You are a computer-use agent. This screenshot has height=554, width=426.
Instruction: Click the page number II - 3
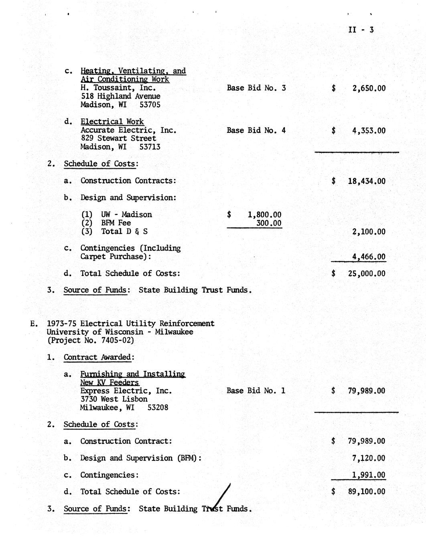click(361, 30)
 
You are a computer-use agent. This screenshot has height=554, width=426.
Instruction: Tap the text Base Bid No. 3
click(256, 88)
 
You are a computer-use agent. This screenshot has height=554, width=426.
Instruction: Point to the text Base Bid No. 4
click(256, 130)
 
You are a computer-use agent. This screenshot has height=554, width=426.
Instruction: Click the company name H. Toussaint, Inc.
click(118, 88)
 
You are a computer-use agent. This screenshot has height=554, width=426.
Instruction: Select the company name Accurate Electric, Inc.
click(128, 130)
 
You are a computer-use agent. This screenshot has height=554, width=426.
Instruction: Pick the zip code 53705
click(150, 105)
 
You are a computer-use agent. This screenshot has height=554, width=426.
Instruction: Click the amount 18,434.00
click(367, 181)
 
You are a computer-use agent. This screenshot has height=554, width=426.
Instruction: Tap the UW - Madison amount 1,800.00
click(264, 215)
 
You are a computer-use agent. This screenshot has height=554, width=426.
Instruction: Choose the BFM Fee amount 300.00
click(269, 223)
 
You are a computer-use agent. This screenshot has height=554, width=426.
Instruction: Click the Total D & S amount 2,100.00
click(369, 232)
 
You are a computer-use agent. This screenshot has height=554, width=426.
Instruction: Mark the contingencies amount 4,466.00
click(369, 257)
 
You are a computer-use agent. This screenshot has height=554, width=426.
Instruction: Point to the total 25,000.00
click(367, 274)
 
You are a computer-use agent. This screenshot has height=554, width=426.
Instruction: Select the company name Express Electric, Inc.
click(126, 391)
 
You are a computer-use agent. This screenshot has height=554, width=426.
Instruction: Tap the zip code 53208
click(158, 407)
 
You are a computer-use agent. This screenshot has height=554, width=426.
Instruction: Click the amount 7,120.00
click(369, 458)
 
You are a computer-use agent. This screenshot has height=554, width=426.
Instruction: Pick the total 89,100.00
click(367, 492)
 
